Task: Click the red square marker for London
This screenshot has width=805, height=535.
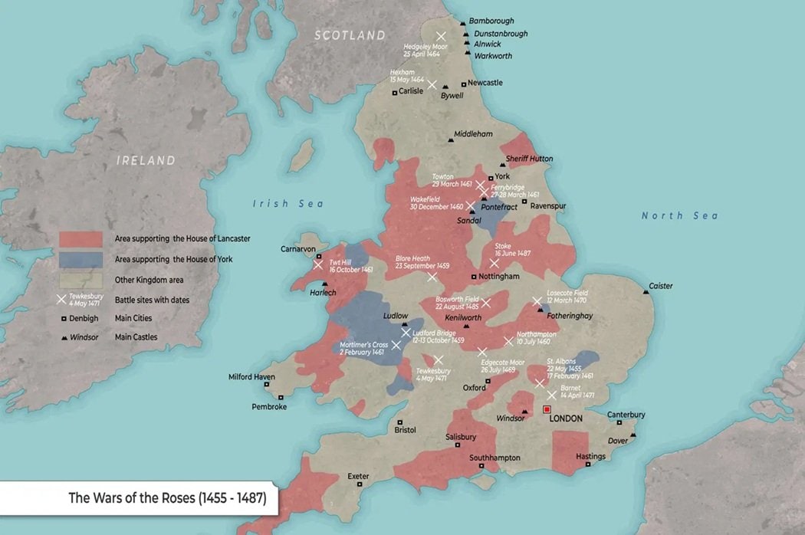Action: (547, 409)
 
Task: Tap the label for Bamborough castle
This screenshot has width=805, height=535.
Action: (491, 21)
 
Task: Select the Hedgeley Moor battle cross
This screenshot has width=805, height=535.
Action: (441, 36)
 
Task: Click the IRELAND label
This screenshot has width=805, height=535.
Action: (146, 161)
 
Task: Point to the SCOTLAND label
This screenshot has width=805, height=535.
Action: (350, 35)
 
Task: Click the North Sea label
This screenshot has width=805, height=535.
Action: (679, 216)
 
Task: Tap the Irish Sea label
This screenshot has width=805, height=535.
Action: (289, 204)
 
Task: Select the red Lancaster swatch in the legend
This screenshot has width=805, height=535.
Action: (80, 239)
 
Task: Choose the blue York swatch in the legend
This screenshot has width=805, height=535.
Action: (80, 260)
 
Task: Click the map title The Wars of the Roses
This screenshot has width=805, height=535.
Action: (167, 497)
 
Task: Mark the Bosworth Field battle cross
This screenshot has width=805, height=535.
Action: (486, 303)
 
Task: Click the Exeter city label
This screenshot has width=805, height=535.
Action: (358, 476)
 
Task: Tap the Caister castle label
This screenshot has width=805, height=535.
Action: (660, 286)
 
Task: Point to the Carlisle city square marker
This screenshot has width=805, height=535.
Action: (395, 93)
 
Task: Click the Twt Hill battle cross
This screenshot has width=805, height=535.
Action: (318, 265)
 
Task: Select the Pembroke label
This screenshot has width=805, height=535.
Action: (269, 407)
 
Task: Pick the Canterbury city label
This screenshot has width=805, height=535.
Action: (626, 415)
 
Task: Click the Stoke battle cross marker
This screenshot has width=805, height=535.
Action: (495, 263)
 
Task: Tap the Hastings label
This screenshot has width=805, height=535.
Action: (590, 457)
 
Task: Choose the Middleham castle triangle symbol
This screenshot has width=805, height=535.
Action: (450, 139)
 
